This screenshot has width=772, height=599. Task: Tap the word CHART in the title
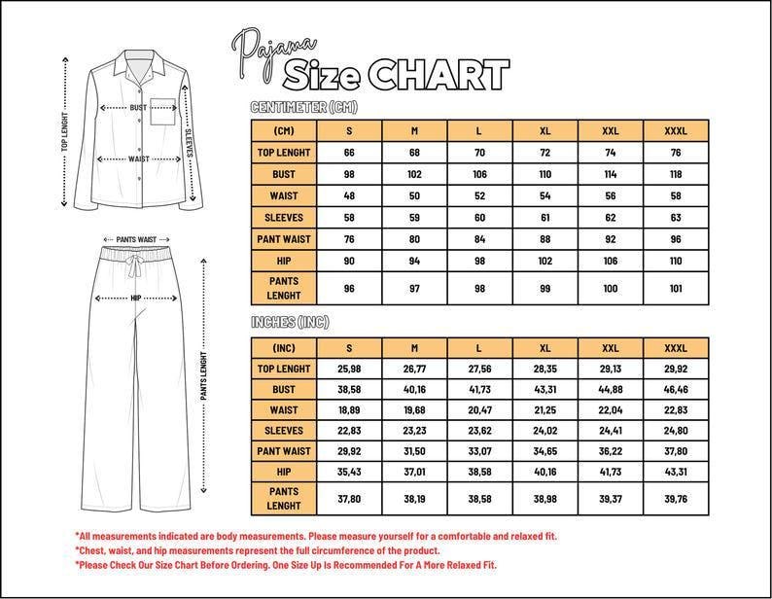point(439,74)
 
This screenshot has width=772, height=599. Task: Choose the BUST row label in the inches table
point(284,389)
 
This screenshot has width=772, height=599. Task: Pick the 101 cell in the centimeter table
point(676,288)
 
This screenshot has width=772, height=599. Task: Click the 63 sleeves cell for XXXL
point(676,217)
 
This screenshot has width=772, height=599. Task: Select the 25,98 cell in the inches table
point(350,369)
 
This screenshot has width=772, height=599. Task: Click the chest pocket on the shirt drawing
point(166,109)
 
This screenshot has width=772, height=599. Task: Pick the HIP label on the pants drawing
point(136,298)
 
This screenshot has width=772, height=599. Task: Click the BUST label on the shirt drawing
point(139,108)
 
